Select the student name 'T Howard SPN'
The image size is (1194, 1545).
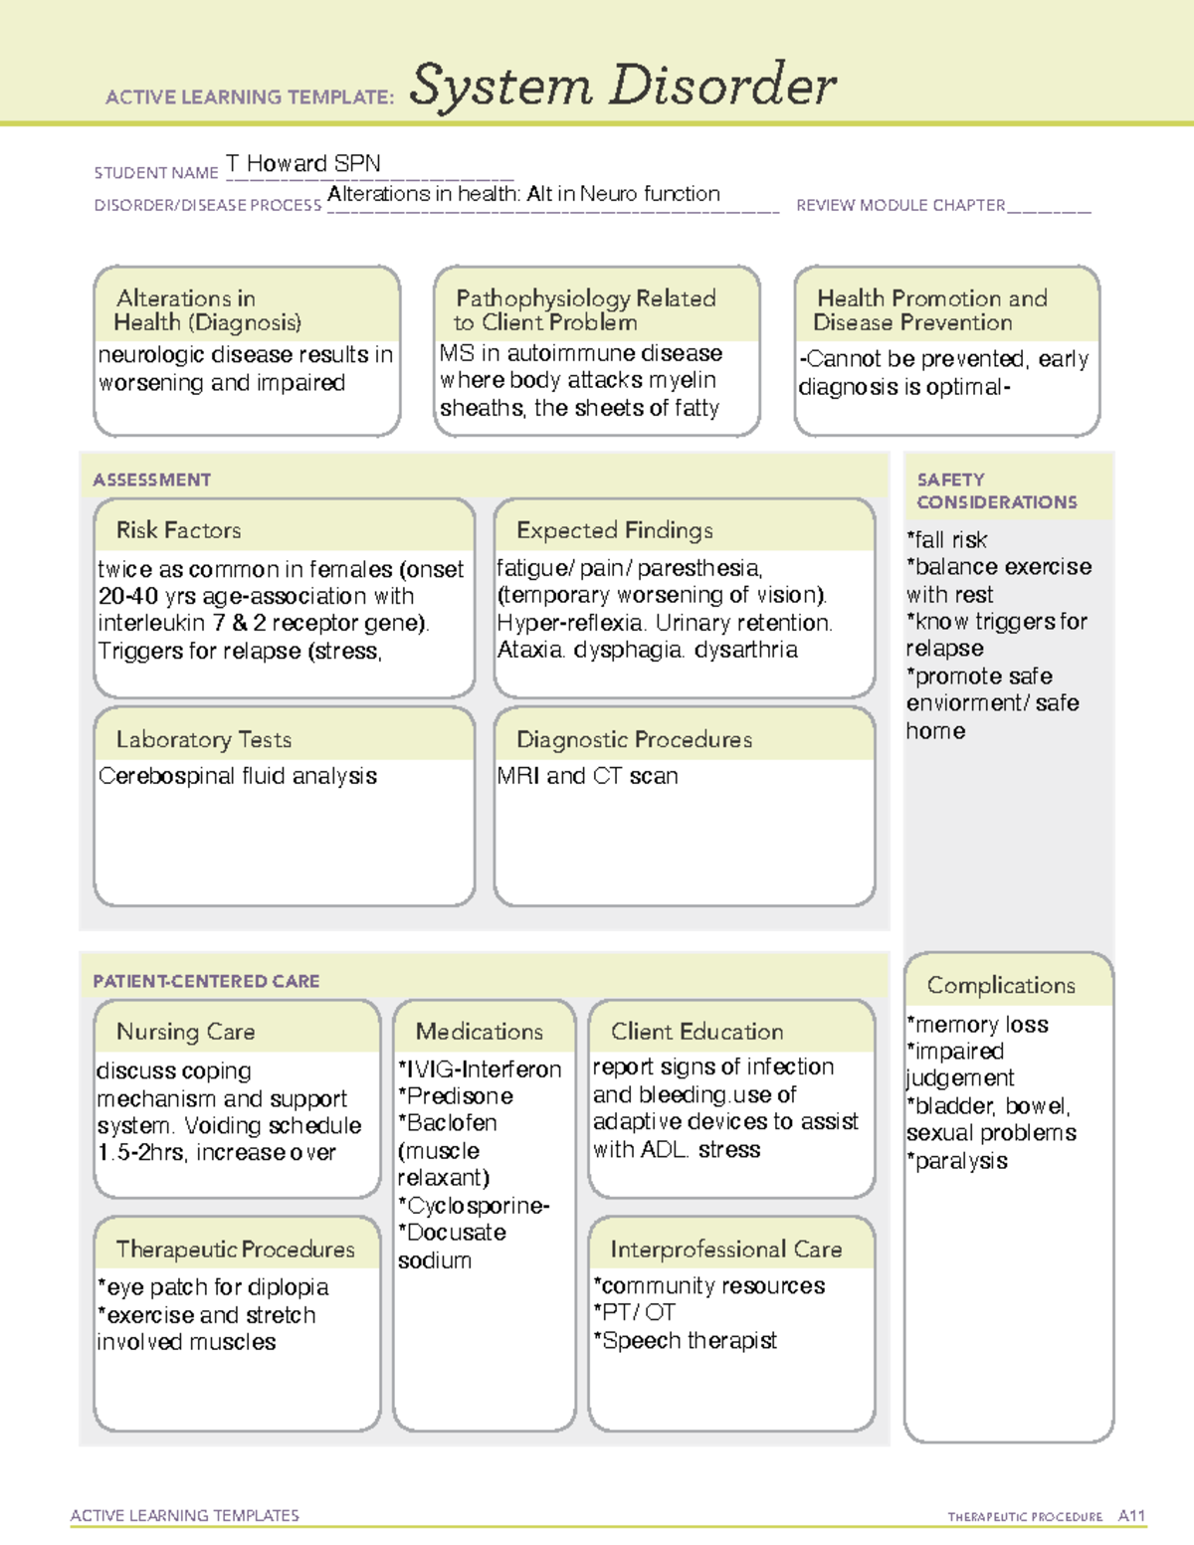pyautogui.click(x=302, y=163)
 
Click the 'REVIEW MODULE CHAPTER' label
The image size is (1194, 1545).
pyautogui.click(x=899, y=206)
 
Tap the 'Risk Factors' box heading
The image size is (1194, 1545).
pyautogui.click(x=178, y=530)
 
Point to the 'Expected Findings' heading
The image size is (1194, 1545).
pyautogui.click(x=614, y=530)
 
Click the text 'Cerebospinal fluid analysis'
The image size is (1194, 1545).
pyautogui.click(x=238, y=776)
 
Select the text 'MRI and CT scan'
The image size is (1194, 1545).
pyautogui.click(x=587, y=776)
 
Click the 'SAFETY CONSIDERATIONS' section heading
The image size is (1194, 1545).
pyautogui.click(x=996, y=490)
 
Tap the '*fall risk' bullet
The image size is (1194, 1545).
pyautogui.click(x=946, y=540)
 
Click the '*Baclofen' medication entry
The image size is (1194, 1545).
pyautogui.click(x=448, y=1123)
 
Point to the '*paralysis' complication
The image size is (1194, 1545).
pyautogui.click(x=956, y=1161)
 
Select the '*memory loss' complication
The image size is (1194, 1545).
pyautogui.click(x=977, y=1025)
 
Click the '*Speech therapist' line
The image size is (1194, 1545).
pyautogui.click(x=685, y=1341)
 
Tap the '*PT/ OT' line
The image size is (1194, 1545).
pyautogui.click(x=634, y=1313)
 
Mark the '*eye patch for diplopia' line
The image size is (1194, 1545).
pyautogui.click(x=213, y=1287)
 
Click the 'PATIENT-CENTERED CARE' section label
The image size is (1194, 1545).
pyautogui.click(x=206, y=981)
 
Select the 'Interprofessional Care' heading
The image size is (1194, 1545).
pyautogui.click(x=725, y=1250)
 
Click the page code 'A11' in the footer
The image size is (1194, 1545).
pyautogui.click(x=1131, y=1516)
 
